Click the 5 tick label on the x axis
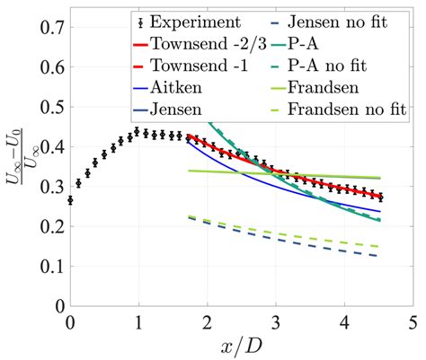(413, 320)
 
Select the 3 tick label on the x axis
(276, 320)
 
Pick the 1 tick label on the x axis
(138, 320)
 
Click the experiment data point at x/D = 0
(70, 200)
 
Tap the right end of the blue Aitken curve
(380, 212)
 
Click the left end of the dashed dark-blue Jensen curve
(188, 218)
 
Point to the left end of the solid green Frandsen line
(188, 171)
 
